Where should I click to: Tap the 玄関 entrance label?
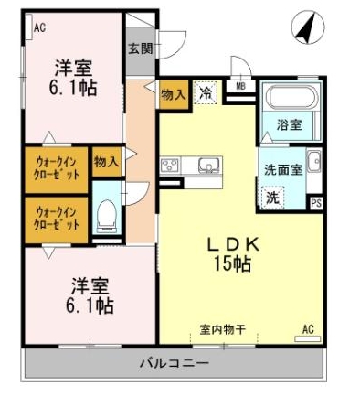point(140,48)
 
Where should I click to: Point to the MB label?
point(240,87)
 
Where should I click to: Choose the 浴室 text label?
point(290,125)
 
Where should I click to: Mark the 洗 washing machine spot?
point(272,196)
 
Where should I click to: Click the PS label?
point(316,203)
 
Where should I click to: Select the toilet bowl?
point(105,216)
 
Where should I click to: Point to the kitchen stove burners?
point(171,166)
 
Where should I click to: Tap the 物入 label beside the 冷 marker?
point(174,93)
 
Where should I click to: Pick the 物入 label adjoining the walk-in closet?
point(106,162)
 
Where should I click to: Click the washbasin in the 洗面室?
point(312,162)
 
